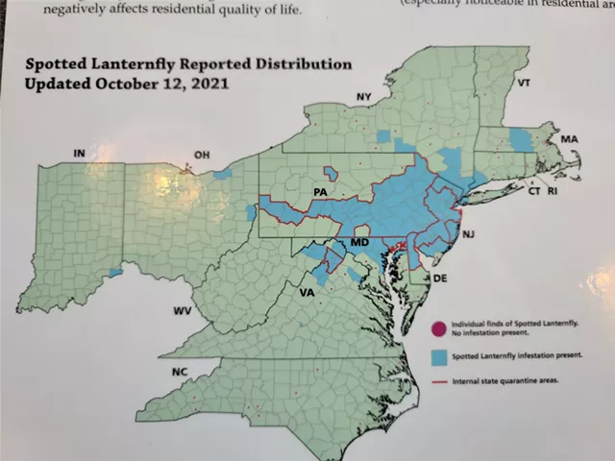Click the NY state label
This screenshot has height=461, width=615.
[363, 97]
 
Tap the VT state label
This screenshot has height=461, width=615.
[524, 84]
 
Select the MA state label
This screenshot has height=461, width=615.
[570, 140]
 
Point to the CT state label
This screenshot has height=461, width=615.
[533, 192]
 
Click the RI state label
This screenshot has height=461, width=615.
[553, 192]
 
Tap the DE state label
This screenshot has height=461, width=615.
[442, 278]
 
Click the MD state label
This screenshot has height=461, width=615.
[359, 244]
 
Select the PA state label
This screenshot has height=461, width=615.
[321, 194]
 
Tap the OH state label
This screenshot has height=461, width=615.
[202, 155]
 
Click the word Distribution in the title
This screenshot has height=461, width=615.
[299, 66]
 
